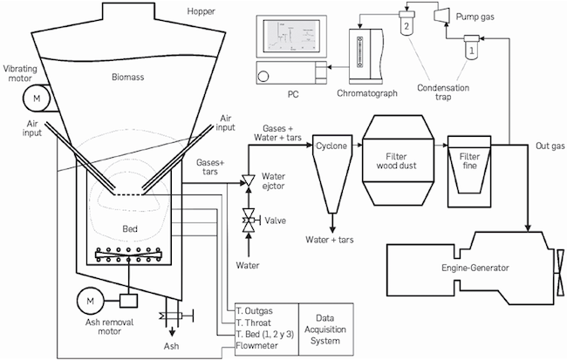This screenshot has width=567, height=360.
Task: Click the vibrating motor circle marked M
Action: tap(37, 98)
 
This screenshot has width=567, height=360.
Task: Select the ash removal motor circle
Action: tap(90, 301)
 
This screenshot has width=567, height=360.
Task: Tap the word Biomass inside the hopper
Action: tap(127, 77)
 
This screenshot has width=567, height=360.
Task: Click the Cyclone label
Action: tap(331, 146)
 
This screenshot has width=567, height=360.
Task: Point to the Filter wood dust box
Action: tap(397, 160)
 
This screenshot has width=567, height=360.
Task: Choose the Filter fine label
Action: tap(469, 161)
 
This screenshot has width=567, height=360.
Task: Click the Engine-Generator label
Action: tap(475, 268)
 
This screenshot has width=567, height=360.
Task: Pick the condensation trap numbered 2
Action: tap(406, 24)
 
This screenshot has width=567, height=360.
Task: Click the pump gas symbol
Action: tap(441, 15)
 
